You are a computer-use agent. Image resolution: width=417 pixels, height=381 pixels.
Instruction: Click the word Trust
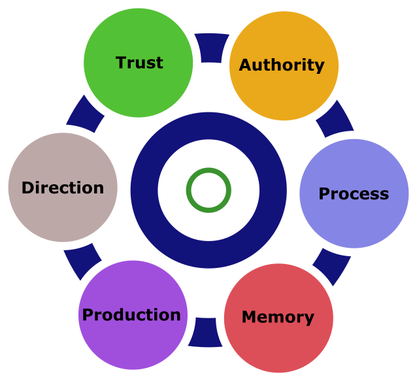pos(139,63)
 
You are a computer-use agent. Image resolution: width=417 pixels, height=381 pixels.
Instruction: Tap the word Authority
pos(282,65)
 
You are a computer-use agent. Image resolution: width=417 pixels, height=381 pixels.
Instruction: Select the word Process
pos(354,194)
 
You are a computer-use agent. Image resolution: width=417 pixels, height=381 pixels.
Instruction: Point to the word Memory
pos(278,318)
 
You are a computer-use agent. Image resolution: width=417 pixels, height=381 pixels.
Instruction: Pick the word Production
pos(131,315)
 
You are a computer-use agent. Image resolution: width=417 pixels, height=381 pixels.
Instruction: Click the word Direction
pos(63,188)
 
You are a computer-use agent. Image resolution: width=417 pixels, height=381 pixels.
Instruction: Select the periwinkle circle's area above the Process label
pos(354,163)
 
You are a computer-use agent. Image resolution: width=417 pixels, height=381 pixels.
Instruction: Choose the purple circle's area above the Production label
pos(131,284)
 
